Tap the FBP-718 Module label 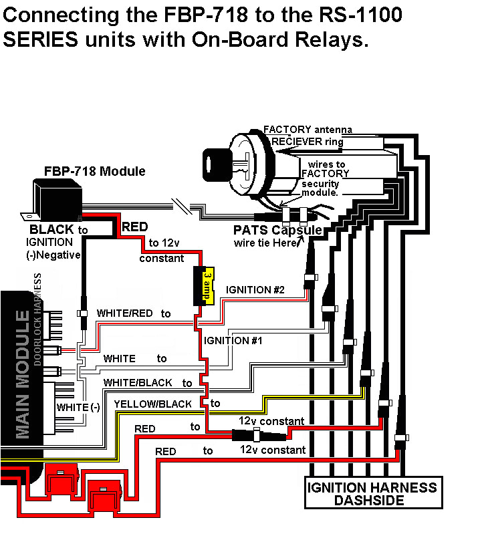tap(94, 172)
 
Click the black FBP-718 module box tap(58, 194)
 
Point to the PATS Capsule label tap(277, 230)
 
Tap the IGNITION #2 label tap(255, 290)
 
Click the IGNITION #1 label tap(233, 340)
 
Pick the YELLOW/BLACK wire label tap(152, 404)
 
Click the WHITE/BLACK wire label tap(138, 382)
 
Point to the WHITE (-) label tap(78, 407)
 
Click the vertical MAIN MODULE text tap(23, 374)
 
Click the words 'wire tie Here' tap(264, 243)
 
